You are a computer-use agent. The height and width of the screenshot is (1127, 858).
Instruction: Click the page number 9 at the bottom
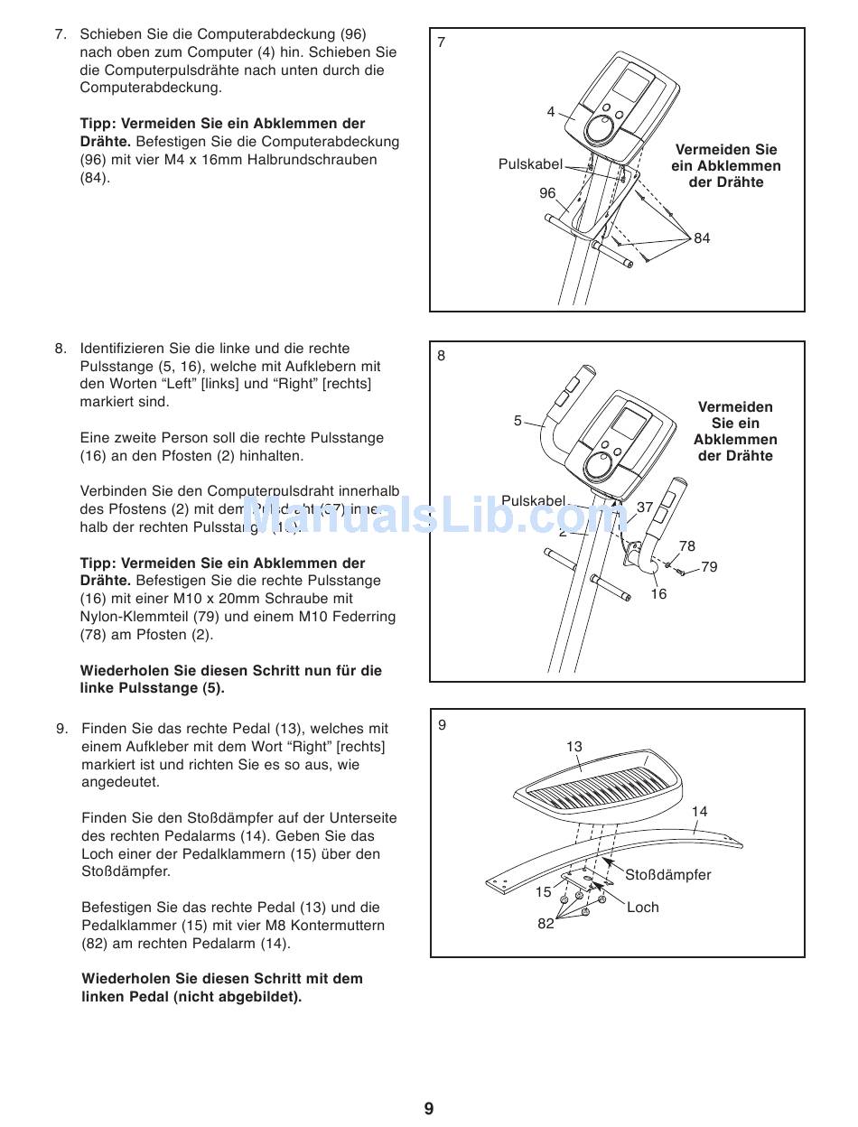(x=429, y=1108)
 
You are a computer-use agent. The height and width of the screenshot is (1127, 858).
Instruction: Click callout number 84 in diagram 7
(x=702, y=238)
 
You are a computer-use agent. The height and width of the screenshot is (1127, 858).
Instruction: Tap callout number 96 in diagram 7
(x=547, y=193)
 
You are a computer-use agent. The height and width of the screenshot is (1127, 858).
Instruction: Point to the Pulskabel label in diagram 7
(x=530, y=164)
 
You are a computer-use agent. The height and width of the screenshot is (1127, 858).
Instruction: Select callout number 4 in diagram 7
(x=551, y=112)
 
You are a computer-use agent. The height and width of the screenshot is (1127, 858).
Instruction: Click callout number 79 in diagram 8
(x=709, y=567)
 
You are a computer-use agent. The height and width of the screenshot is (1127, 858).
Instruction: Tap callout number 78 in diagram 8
(x=687, y=546)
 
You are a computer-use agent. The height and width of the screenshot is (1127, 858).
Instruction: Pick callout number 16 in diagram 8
(x=658, y=594)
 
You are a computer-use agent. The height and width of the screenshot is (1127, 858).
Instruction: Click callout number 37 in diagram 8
(x=644, y=508)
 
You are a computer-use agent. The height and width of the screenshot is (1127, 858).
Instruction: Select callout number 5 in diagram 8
(x=518, y=421)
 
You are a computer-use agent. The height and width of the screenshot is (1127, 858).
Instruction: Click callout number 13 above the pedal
(x=574, y=747)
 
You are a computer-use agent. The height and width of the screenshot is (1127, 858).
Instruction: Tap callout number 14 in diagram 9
(x=699, y=812)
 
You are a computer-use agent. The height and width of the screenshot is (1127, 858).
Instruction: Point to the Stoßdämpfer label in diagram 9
(x=667, y=875)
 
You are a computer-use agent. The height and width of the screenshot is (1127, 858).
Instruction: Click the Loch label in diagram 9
(x=642, y=908)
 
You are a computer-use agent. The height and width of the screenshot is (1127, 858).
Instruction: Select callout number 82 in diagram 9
(x=546, y=924)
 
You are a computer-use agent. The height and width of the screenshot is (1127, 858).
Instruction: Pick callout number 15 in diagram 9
(x=543, y=892)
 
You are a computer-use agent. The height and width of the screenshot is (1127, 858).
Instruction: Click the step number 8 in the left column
(x=61, y=349)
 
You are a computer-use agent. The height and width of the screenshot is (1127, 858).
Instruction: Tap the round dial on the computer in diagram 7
(x=598, y=129)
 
